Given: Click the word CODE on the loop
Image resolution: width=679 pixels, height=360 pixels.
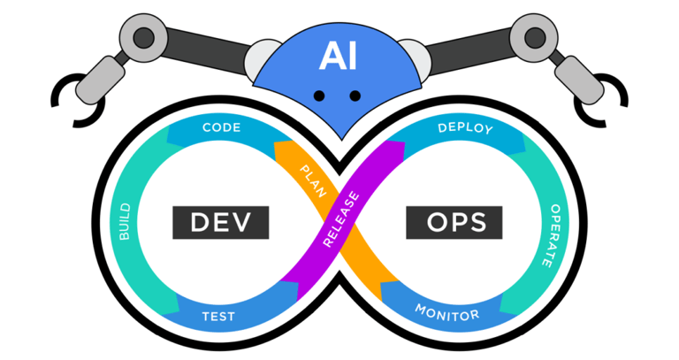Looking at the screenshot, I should (222, 128).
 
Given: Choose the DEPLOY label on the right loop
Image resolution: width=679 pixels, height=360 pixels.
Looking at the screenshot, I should (465, 128).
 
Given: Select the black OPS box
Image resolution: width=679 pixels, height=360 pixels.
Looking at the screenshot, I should (454, 222).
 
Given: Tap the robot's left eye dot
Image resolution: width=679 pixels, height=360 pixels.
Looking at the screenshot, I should (320, 96).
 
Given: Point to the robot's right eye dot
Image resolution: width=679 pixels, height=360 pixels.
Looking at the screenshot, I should (355, 96).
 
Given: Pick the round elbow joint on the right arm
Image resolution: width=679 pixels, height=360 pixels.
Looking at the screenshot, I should (535, 36).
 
